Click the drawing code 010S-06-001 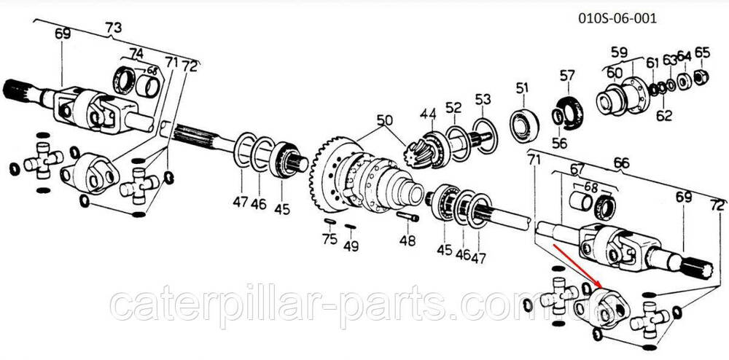[617, 18]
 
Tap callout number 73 [114, 28]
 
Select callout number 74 [136, 54]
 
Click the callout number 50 [384, 121]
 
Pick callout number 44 [429, 114]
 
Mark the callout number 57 [566, 75]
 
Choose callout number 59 [619, 52]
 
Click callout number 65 [702, 52]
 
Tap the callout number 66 [621, 163]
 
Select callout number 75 [330, 240]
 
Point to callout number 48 [408, 240]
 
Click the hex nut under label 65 [701, 77]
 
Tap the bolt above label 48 [409, 216]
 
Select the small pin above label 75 [330, 222]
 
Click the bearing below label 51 [524, 122]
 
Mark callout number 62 [664, 114]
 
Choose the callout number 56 [559, 143]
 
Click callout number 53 [483, 99]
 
